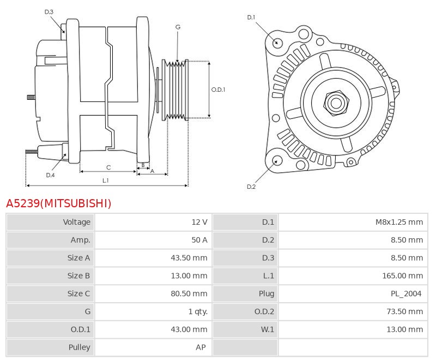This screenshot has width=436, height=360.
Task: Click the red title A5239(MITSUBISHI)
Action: [58, 203]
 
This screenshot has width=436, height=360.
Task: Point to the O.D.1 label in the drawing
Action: [218, 89]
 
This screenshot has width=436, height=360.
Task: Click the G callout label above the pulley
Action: [178, 27]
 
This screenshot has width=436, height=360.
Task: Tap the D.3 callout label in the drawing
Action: [49, 12]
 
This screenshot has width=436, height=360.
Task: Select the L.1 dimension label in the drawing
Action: [106, 180]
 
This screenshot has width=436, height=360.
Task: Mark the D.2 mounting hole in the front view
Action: [277, 160]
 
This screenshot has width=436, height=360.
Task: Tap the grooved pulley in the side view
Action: [176, 89]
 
